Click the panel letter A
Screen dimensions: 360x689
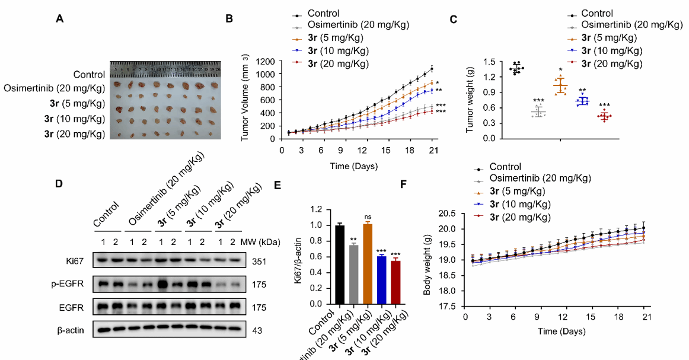(x=59, y=19)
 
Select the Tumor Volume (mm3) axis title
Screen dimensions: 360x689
(x=246, y=100)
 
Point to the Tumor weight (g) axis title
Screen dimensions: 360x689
(x=471, y=100)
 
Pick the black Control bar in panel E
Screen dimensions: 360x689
(x=340, y=264)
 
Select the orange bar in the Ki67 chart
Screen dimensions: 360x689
(x=368, y=263)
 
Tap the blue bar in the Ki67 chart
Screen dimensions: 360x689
(x=381, y=279)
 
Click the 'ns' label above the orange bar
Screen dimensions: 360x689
(x=368, y=218)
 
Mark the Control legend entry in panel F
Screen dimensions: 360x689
(x=506, y=167)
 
